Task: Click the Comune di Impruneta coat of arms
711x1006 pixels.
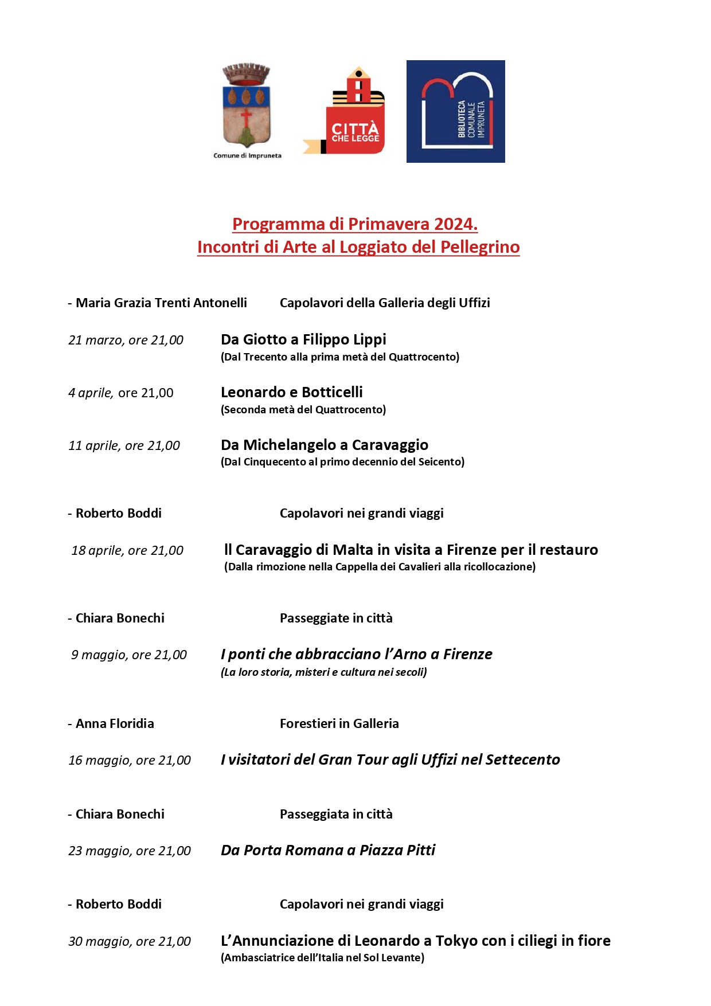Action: [x=247, y=107]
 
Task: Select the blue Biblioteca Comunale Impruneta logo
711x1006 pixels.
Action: [x=456, y=111]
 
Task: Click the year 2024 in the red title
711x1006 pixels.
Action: [x=455, y=224]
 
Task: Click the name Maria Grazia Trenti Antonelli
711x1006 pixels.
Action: [x=161, y=303]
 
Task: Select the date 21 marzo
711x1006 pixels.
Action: [x=94, y=340]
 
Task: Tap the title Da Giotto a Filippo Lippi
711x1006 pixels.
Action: [x=303, y=339]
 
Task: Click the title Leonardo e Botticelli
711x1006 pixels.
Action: [x=291, y=392]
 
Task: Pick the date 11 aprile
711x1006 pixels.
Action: [x=94, y=446]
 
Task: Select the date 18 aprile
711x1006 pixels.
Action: [x=96, y=551]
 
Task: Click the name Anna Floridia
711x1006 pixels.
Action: [x=115, y=723]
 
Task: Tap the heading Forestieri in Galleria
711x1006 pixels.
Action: [x=339, y=723]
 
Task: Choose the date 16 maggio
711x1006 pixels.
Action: [x=100, y=761]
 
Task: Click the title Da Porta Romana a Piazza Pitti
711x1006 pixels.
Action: [x=328, y=850]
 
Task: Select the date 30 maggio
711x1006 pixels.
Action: [x=100, y=942]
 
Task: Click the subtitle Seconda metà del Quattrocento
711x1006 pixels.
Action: [x=303, y=409]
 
